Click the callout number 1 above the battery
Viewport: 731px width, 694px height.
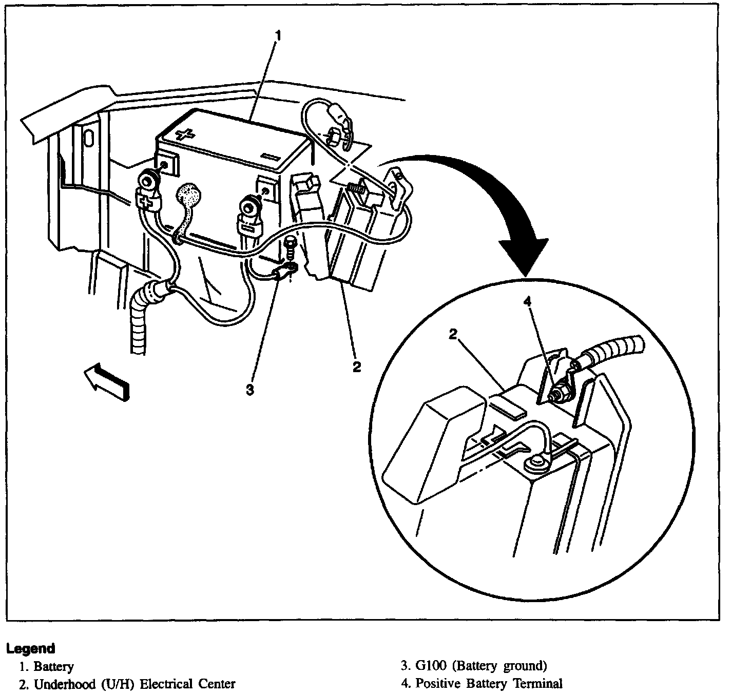278,35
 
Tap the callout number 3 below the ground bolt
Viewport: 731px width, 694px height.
249,390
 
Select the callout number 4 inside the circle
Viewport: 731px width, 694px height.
527,302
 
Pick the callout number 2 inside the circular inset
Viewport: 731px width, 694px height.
453,334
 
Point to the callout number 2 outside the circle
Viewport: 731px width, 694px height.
356,367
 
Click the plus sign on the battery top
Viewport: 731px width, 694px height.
185,135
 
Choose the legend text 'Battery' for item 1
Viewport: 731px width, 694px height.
53,667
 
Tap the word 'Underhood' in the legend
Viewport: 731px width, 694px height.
61,684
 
